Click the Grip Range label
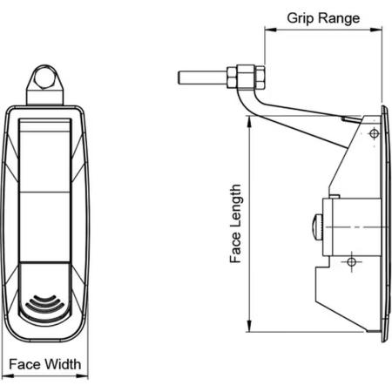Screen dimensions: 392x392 click(323, 18)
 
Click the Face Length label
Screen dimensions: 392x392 click(236, 224)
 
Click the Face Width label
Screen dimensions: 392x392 click(45, 364)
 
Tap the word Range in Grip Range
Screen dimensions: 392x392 click(339, 19)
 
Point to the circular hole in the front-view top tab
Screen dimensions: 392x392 click(44, 78)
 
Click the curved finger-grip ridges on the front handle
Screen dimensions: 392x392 click(44, 305)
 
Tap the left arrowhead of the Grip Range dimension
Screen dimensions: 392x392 click(270, 30)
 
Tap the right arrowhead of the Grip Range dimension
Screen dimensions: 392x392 click(376, 30)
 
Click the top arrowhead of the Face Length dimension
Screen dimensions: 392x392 click(249, 122)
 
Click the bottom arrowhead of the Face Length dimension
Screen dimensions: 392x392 click(249, 326)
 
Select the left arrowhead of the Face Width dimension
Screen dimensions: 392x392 click(8, 376)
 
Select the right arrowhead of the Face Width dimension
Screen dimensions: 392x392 click(82, 376)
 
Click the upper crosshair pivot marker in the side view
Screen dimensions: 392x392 click(374, 134)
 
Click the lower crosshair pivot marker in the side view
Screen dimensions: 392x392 click(352, 262)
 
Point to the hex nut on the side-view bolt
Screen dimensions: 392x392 click(246, 77)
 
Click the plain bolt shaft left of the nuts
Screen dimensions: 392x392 click(203, 78)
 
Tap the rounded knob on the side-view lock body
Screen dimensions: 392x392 click(318, 226)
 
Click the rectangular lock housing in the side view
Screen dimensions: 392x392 click(352, 226)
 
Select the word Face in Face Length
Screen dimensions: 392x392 click(236, 248)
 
